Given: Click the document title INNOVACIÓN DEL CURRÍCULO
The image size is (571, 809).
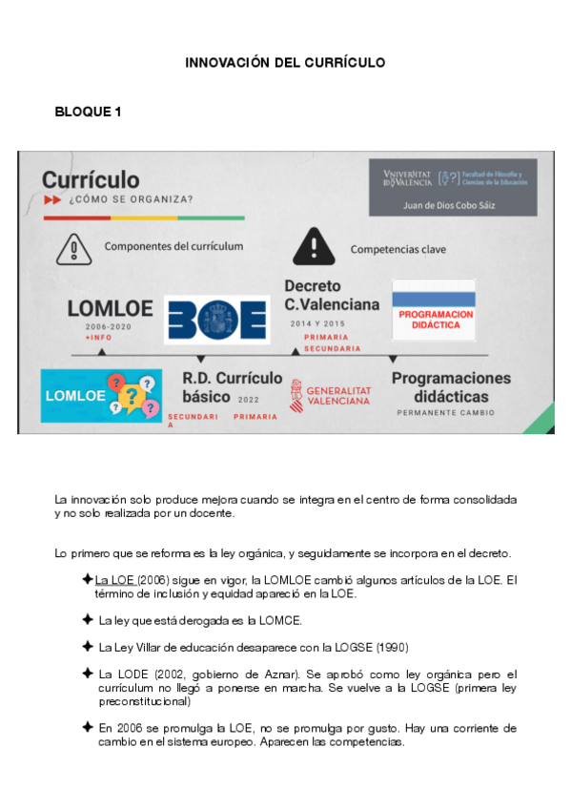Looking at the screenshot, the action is click(x=285, y=63).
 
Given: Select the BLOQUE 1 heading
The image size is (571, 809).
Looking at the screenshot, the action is click(x=88, y=113).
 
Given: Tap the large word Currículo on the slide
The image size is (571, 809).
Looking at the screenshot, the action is click(x=91, y=179).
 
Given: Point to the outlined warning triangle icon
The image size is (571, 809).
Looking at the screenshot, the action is click(x=73, y=248).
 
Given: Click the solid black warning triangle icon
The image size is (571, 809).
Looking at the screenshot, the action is click(x=311, y=247).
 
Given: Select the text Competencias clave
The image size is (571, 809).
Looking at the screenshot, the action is click(x=398, y=250).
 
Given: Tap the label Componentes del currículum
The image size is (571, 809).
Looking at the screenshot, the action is click(x=173, y=246).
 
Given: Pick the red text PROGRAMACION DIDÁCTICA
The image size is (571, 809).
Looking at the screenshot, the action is click(x=435, y=320).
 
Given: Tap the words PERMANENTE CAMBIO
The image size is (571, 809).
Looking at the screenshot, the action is click(x=447, y=413).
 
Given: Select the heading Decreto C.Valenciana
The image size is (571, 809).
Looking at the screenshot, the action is click(x=331, y=295).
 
